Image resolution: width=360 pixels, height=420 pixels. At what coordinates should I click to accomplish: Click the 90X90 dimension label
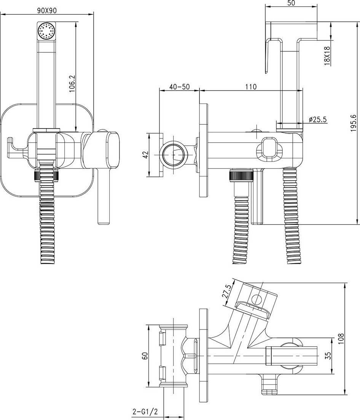click(47, 10)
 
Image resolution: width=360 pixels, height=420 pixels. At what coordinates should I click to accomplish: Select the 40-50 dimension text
click(179, 87)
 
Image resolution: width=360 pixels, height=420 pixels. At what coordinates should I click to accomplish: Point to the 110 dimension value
click(250, 87)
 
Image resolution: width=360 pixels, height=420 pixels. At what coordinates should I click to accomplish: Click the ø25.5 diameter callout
click(318, 119)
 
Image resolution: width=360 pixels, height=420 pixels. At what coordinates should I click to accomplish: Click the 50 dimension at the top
click(292, 3)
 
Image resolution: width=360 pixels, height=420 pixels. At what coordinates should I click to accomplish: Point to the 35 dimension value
click(328, 355)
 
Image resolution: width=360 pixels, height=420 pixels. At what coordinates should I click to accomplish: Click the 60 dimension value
click(144, 356)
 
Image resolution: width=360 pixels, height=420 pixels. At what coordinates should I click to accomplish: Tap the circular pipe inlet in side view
click(174, 154)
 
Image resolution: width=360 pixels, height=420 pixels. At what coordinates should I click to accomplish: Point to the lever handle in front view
click(102, 198)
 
